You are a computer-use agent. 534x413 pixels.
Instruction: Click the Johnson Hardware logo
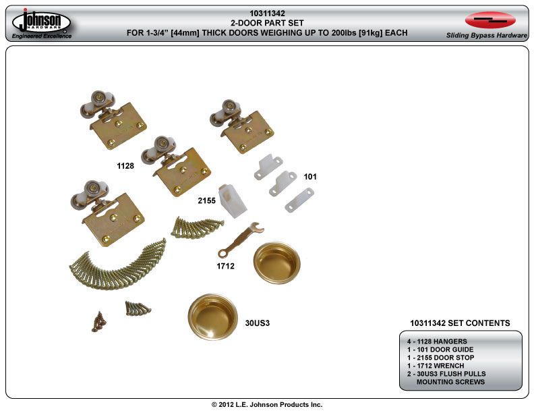pos(41,23)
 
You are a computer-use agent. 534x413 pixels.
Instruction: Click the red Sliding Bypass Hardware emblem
pos(490,20)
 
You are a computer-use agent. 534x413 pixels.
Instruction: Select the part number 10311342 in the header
pos(267,13)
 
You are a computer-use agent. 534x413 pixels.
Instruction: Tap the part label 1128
pos(126,165)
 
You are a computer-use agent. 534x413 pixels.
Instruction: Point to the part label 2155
pos(206,201)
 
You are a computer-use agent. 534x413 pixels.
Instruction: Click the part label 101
pos(310,177)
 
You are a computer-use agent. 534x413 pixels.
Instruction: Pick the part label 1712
pos(225,267)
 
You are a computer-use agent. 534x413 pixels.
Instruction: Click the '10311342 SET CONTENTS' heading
pos(460,323)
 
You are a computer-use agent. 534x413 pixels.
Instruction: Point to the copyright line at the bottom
pos(267,404)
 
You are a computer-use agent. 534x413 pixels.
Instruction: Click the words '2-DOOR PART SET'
pos(267,22)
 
